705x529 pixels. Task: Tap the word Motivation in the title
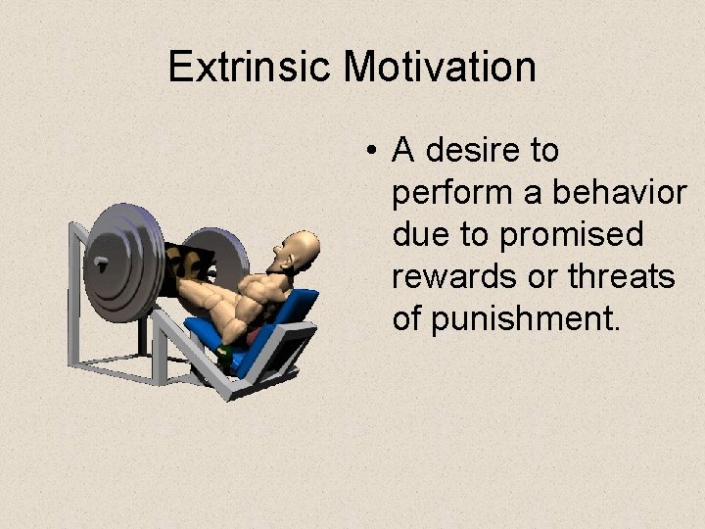pos(440,68)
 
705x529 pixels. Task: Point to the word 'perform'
pos(451,194)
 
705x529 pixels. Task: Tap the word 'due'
pos(419,235)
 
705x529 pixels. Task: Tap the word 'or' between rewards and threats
pos(543,278)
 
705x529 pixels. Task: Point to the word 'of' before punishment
pos(408,318)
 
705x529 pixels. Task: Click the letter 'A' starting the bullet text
pos(402,151)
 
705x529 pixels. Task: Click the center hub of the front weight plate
pos(100,264)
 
